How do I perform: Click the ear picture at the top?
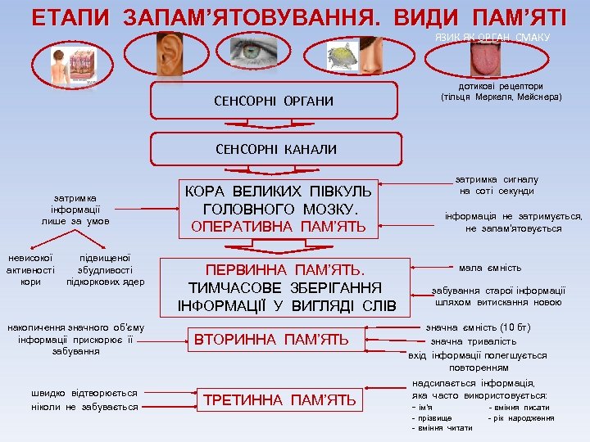[x=170, y=54]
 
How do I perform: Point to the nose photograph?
[x=371, y=54]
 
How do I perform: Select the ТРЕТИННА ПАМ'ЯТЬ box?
[x=279, y=399]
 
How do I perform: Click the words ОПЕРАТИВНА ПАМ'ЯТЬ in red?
[x=279, y=226]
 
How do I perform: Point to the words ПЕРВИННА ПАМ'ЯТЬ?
[x=286, y=269]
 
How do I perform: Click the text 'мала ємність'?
[x=489, y=268]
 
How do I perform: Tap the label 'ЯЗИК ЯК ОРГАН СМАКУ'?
[x=492, y=38]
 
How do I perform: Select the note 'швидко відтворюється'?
[x=84, y=393]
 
